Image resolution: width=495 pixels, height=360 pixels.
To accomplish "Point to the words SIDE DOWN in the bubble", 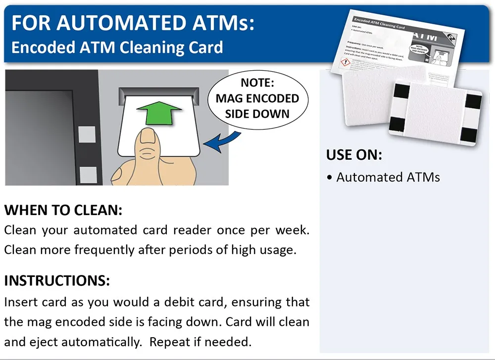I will coord(257,114).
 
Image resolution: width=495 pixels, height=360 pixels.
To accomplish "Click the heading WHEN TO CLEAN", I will coord(63,210).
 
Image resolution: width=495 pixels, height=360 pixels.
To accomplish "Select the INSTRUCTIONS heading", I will coord(57,281).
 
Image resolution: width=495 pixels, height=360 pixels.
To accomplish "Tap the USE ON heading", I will coord(354,155).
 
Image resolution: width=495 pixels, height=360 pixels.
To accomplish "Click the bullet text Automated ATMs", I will coord(388,177).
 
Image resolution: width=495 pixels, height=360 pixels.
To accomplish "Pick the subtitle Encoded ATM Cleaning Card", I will coord(117,47).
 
